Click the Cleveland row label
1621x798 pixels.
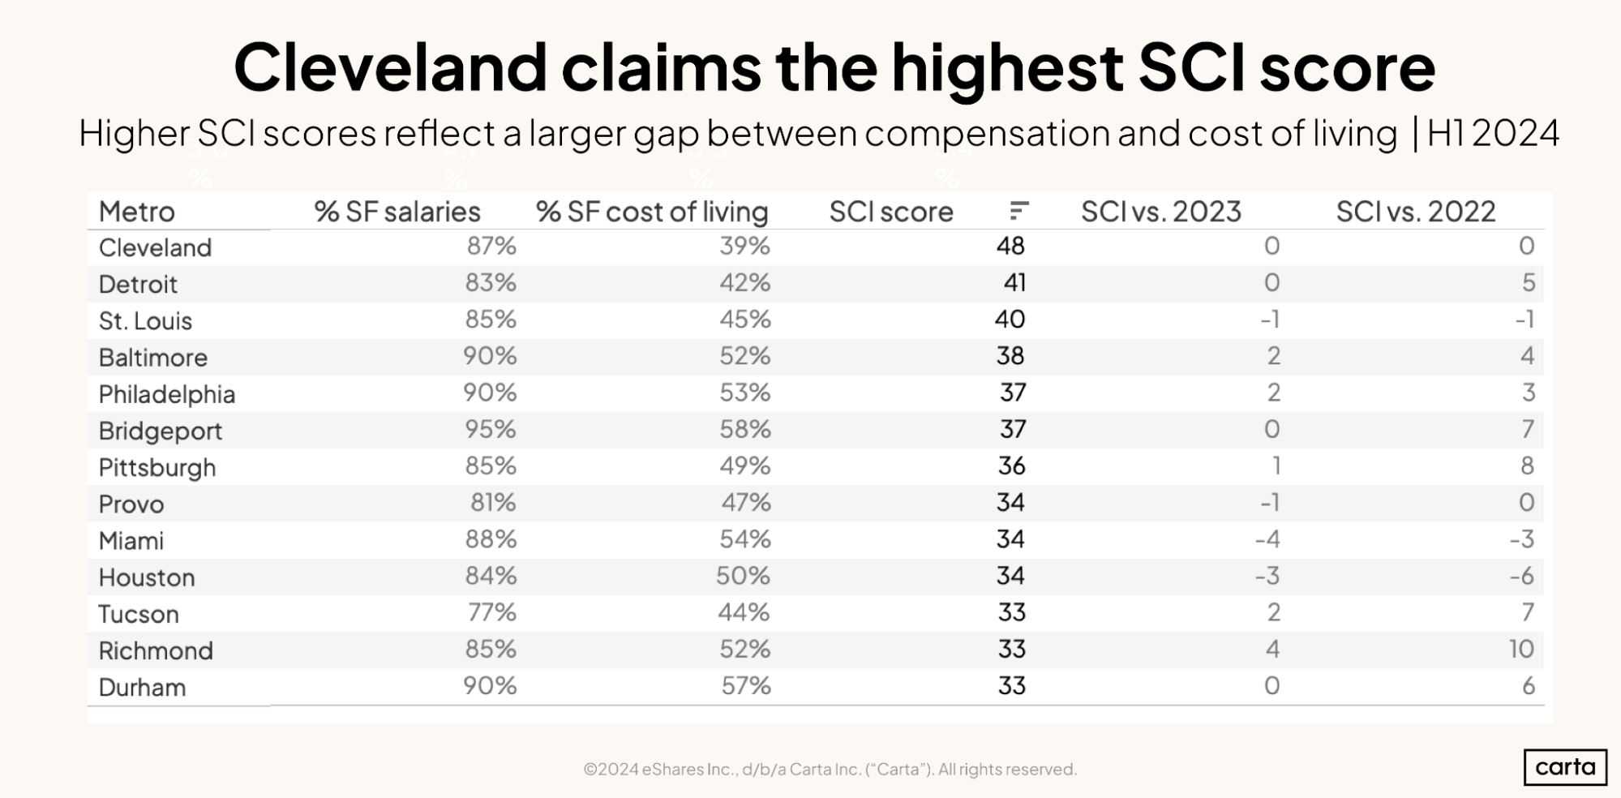tap(155, 247)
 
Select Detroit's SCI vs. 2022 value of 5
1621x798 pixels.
tap(1528, 282)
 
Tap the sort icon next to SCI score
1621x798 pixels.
tap(1019, 211)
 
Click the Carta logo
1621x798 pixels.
tap(1564, 766)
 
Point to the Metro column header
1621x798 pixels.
tap(136, 212)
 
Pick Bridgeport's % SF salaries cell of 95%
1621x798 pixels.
tap(491, 429)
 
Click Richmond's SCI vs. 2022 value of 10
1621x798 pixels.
tap(1520, 649)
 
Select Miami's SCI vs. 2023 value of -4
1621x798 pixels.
tap(1267, 539)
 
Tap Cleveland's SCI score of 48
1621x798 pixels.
tap(1010, 246)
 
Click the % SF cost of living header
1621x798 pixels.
tap(651, 212)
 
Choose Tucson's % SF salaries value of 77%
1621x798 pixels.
tap(492, 612)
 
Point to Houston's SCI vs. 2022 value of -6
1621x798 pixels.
tap(1521, 576)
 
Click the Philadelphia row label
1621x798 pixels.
tap(166, 394)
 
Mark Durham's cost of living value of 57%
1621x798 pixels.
tap(746, 686)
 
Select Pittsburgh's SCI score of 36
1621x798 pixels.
tap(1011, 466)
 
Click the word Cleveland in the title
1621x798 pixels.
tap(390, 67)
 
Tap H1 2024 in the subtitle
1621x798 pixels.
tap(1492, 134)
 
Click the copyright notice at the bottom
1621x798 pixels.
tap(830, 769)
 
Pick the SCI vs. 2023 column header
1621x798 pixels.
tap(1160, 212)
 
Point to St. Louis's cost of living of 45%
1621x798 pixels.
tap(744, 320)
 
